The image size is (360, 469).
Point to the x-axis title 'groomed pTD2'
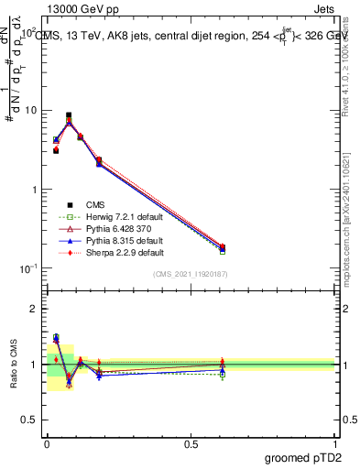(302, 458)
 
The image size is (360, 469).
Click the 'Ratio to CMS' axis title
(12, 365)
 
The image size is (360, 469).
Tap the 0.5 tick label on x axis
(191, 443)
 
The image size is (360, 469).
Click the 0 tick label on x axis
(47, 443)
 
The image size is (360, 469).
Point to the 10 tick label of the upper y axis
(32, 110)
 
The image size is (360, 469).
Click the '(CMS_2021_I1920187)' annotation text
(190, 274)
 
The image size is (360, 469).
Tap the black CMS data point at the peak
(69, 115)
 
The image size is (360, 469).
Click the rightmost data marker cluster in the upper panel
(223, 247)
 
